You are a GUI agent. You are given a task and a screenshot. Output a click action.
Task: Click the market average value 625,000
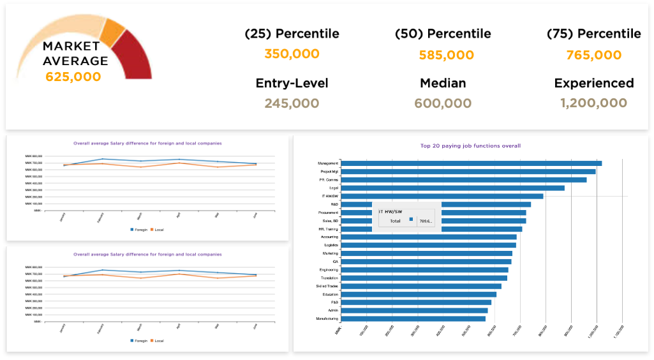(x=73, y=77)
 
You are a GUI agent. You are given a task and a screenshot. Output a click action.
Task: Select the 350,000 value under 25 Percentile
(x=292, y=54)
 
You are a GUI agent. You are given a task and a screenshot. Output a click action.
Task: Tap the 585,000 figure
(x=446, y=56)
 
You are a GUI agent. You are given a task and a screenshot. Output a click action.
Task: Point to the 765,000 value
(x=593, y=56)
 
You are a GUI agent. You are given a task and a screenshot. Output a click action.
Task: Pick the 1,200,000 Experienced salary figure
(x=593, y=103)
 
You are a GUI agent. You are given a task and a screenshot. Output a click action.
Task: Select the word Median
(x=443, y=84)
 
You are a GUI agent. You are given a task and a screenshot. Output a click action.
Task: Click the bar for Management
(x=472, y=163)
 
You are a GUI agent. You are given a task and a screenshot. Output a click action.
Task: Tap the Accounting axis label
(x=329, y=237)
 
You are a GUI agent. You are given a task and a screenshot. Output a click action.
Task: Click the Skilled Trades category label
(x=327, y=286)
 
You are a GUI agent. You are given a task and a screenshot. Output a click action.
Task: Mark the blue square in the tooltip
(x=412, y=220)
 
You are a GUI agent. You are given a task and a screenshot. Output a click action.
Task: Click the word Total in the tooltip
(x=390, y=220)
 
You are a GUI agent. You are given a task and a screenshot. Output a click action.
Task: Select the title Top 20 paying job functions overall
(x=470, y=146)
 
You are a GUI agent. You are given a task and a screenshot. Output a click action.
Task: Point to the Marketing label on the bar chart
(x=331, y=253)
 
